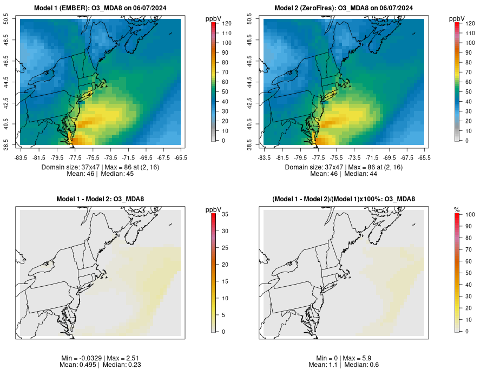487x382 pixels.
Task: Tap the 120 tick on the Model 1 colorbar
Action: tap(226, 24)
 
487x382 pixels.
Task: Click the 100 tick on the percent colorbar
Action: tap(470, 215)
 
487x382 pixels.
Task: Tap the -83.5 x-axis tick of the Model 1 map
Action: tap(21, 157)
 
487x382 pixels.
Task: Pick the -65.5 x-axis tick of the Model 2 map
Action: tap(424, 157)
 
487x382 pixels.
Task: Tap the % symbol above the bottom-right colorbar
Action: tap(457, 209)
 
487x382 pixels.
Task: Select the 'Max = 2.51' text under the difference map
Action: tap(116, 358)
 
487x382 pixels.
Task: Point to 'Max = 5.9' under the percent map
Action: tap(360, 358)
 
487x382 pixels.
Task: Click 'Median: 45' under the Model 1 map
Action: tap(117, 174)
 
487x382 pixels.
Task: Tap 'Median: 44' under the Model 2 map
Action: tap(361, 174)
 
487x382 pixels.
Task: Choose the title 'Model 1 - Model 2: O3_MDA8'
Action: tap(100, 199)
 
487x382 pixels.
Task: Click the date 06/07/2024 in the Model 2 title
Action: tap(394, 8)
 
